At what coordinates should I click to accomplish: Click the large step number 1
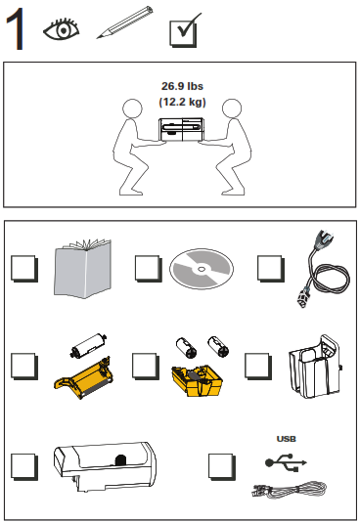coord(16,29)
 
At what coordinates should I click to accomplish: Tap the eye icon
coord(62,29)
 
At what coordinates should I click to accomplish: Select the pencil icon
coord(125,22)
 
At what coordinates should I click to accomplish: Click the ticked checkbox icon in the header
coord(184,31)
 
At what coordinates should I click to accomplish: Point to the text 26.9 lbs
coord(182,86)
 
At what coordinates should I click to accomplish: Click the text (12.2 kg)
coord(182,102)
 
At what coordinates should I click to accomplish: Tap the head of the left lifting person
coord(132,109)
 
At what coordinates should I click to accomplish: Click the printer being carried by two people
coord(181,130)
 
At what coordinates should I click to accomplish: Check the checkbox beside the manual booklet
coord(24,269)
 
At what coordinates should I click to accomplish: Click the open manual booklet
coord(82,268)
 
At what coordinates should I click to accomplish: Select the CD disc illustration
coord(202,269)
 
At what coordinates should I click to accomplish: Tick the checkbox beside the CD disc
coord(148,269)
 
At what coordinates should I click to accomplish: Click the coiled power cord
coord(325,273)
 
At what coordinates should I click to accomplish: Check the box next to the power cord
coord(271,269)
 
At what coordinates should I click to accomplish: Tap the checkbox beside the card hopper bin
coord(258,367)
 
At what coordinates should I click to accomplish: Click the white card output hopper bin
coord(315,367)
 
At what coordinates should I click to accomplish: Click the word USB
coord(286,439)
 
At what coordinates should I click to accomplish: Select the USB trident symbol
coord(286,462)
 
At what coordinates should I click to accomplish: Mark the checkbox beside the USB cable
coord(222,466)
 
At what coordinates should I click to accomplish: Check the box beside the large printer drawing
coord(24,466)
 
